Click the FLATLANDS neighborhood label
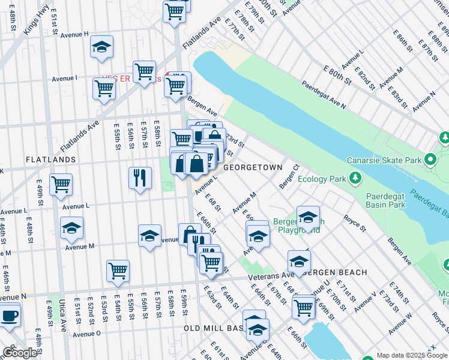pos(50,160)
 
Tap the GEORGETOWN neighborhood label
pos(253,169)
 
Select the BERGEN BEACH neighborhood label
pos(334,272)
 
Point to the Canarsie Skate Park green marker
pos(430,160)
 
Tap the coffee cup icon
pos(9,315)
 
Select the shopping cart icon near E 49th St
pos(61,184)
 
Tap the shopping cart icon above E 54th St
pos(118,270)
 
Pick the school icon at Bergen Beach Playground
pos(308,217)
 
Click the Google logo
pos(19,353)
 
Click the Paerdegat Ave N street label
pos(324,95)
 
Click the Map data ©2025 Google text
pos(412,355)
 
